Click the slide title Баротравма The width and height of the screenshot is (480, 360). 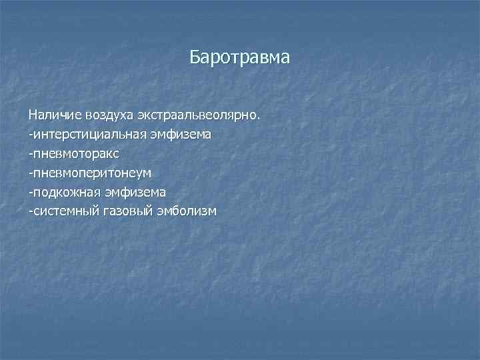click(x=239, y=57)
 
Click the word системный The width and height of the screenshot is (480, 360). click(x=65, y=211)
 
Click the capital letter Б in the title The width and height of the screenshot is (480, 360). click(x=195, y=57)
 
